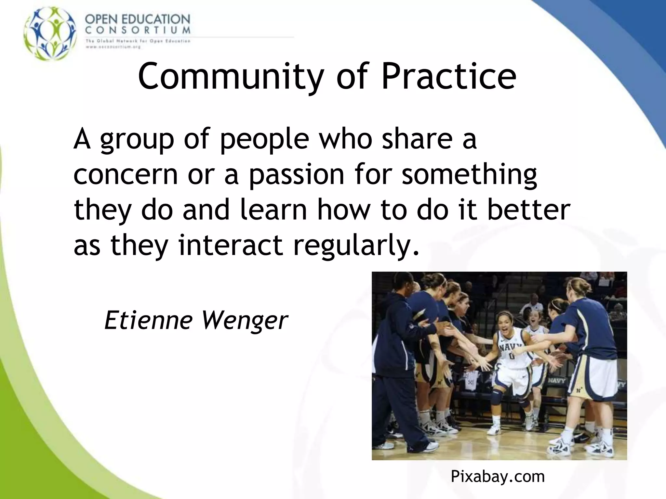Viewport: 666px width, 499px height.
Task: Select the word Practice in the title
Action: [x=448, y=76]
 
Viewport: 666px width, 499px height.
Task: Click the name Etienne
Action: [x=148, y=320]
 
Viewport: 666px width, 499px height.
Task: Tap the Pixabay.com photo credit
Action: [x=498, y=477]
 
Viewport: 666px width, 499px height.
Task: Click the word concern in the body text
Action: [x=126, y=175]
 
